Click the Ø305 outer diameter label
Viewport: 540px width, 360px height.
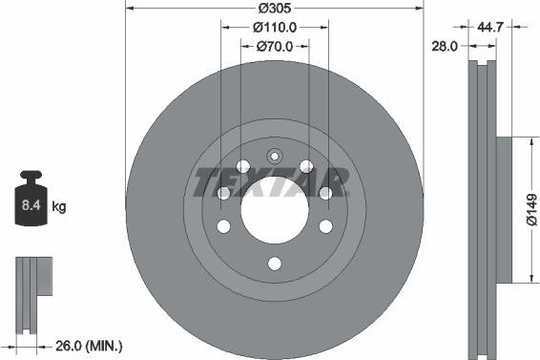click(274, 9)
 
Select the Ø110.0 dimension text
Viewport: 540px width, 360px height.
click(274, 28)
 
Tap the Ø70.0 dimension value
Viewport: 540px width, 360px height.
click(274, 46)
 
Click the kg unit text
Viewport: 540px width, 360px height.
click(59, 206)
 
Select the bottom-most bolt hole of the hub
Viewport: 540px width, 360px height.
click(274, 265)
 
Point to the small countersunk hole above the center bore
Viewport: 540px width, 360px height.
click(274, 157)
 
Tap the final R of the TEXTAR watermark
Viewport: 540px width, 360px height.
click(336, 179)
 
